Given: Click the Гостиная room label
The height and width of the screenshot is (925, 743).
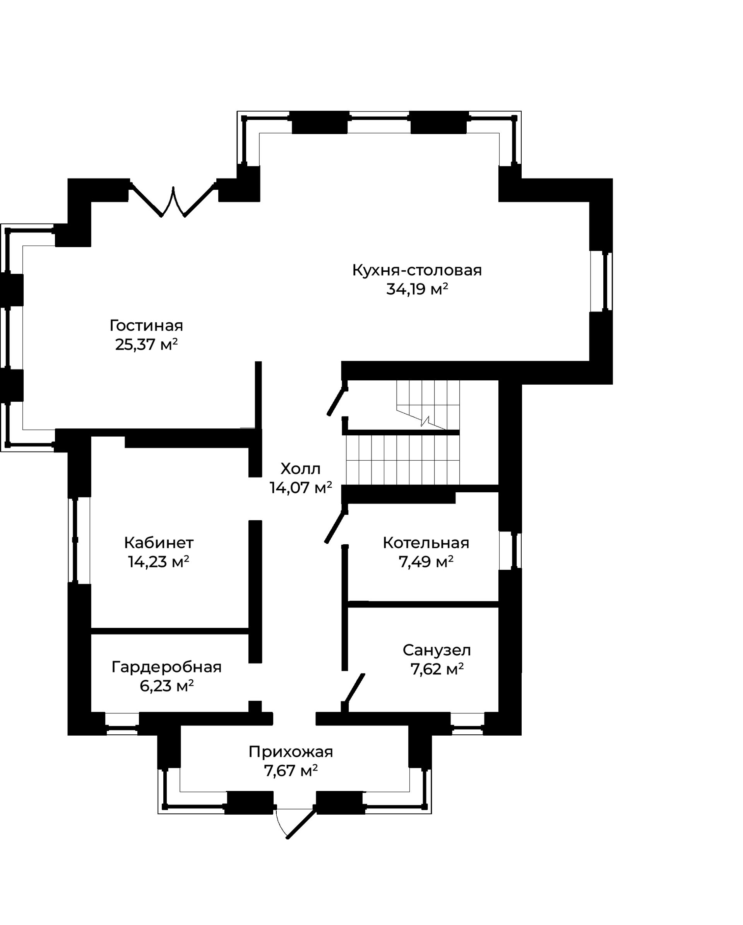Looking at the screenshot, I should tap(146, 326).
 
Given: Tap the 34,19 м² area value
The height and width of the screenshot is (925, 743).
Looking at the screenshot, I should tap(417, 290).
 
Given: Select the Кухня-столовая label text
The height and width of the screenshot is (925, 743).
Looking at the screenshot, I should tap(417, 270).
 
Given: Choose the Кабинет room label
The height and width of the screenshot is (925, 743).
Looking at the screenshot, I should tap(159, 543).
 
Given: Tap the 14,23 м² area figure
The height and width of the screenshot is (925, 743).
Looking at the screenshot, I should tap(159, 562).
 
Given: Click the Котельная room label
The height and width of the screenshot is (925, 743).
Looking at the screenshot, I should tap(426, 543).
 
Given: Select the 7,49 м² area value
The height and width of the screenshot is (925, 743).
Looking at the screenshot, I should tap(426, 562).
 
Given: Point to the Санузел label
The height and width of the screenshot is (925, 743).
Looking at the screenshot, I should tap(437, 650).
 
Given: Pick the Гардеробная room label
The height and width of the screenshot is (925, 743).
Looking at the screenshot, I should tap(166, 667).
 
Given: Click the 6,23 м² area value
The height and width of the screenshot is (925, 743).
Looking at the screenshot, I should tap(166, 686).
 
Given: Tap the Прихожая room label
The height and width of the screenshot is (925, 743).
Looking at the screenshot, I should tap(291, 752).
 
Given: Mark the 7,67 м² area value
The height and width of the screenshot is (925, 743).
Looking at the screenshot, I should tap(291, 771).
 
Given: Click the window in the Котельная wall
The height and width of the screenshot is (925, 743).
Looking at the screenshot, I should tap(510, 551).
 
